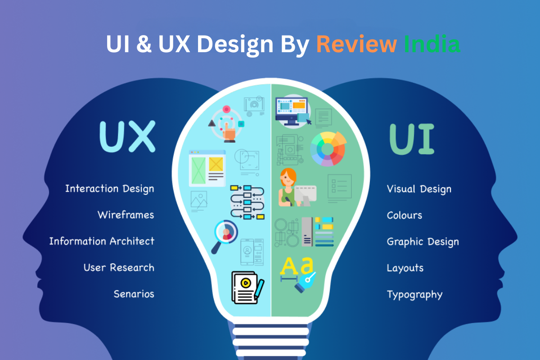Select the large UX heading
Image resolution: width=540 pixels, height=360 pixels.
pos(127,135)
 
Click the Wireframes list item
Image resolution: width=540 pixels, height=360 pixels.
pos(126,215)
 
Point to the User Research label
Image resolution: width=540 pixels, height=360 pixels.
pos(119,268)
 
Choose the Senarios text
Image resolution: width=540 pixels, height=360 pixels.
pos(134,294)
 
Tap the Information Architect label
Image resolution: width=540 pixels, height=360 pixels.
pos(102,241)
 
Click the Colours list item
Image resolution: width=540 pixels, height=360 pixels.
pos(404,215)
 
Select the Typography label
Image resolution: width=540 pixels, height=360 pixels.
pos(414,295)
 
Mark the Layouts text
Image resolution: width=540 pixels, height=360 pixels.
pos(405,268)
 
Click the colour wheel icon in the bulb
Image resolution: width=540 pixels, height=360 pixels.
pos(328,148)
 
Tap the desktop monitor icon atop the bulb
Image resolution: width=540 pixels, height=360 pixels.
pos(292,110)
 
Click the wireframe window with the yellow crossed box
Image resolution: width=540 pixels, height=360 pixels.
pos(207,168)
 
